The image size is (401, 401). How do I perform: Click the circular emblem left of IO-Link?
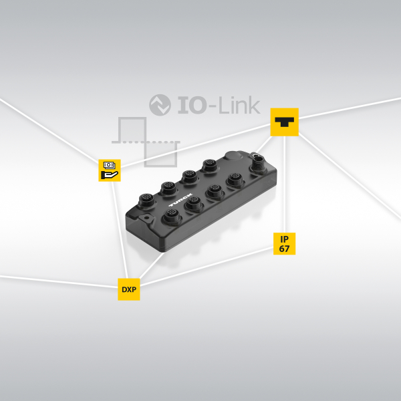pos(160,105)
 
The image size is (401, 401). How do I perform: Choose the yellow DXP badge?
pos(129,289)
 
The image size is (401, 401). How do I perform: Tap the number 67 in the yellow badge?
pos(284,249)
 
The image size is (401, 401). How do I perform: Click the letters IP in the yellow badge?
pos(284,238)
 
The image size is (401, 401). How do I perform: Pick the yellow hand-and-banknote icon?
pos(110,170)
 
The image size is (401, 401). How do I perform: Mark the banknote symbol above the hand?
pos(109,164)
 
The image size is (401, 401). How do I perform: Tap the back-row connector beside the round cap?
pos(210,164)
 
